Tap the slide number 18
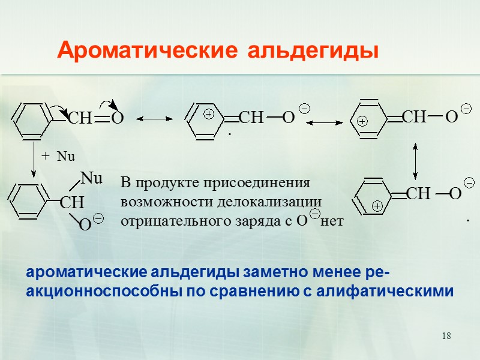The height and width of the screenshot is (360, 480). [x=446, y=335]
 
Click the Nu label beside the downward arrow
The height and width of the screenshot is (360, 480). [x=66, y=157]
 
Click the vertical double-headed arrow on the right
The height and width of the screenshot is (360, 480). [x=415, y=160]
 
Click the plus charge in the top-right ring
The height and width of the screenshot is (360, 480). [x=363, y=121]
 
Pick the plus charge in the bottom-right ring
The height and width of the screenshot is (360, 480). [x=378, y=206]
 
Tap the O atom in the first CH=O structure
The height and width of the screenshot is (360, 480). [x=117, y=119]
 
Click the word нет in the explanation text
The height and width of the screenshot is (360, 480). [x=333, y=222]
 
